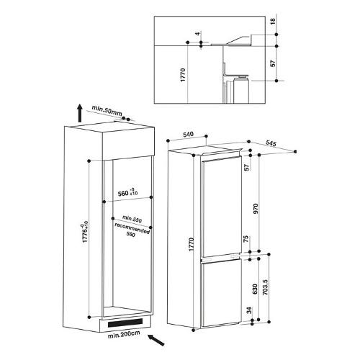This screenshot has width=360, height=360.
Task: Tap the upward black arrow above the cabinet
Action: pos(80,113)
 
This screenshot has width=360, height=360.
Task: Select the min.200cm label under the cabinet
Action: pos(124,334)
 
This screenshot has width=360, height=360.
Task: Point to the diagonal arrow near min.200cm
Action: pos(156,340)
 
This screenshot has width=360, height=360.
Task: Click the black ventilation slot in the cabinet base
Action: pos(125,323)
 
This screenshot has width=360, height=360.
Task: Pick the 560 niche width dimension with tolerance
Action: pos(128,192)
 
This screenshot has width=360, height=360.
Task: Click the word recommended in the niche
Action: pos(132,228)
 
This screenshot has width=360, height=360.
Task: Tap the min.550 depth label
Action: pos(132,219)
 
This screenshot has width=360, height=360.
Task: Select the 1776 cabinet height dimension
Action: pos(84,233)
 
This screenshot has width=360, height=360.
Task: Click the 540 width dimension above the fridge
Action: pos(188,135)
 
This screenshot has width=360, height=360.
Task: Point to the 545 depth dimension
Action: pos(271,143)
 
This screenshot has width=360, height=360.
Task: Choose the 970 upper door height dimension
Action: pos(255,209)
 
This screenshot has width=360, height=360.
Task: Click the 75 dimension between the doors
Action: pos(246,240)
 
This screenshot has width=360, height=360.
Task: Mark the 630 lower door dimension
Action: pos(255,289)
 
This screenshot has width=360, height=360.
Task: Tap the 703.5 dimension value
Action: pos(265,287)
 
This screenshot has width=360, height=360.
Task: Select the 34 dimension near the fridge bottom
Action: pos(250,310)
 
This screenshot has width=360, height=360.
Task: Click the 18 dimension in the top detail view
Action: pos(274,21)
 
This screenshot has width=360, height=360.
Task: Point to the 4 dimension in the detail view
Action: pos(197,34)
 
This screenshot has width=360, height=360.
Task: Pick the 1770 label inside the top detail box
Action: pos(183,75)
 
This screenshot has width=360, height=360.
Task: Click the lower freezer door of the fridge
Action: pos(221,294)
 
